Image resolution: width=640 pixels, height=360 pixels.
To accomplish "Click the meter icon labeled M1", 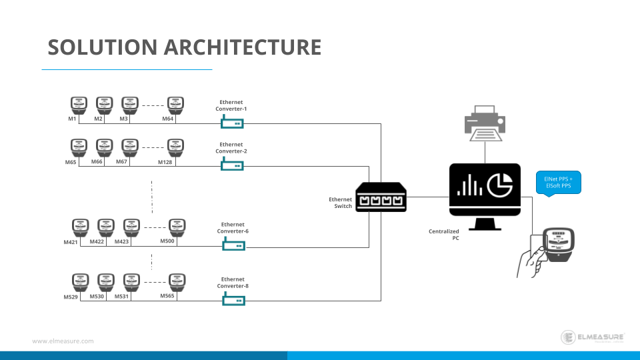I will point(79,105).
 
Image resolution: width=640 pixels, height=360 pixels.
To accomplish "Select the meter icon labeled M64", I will point(174,105).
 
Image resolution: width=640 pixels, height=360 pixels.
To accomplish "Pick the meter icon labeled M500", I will point(176,227).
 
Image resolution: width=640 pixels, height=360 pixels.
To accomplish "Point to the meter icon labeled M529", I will point(80,282).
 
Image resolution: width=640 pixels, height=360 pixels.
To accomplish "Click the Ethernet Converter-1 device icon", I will point(232,122).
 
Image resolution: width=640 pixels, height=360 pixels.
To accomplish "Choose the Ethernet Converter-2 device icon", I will point(232,164).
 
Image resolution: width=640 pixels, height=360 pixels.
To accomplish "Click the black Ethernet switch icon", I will point(381,197).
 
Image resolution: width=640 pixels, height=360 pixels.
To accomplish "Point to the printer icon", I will point(484,124).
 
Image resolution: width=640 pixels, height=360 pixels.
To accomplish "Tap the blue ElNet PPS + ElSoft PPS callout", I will point(559,182).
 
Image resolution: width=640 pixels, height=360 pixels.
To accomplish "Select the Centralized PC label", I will point(443,234).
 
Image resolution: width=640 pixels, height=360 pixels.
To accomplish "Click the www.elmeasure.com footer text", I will point(63,341).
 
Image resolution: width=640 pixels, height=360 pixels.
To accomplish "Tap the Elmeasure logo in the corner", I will point(592,337).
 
